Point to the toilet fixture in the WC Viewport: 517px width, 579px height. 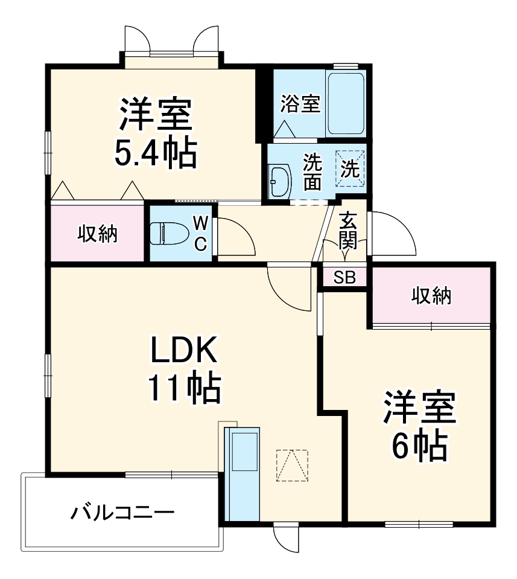click(166, 233)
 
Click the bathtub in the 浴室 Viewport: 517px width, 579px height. click(346, 103)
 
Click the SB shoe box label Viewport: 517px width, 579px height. click(344, 278)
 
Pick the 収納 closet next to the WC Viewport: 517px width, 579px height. click(97, 233)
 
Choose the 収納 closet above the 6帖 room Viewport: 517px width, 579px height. click(431, 295)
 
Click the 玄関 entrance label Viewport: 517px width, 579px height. click(348, 231)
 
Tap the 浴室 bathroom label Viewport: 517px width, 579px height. click(300, 103)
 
